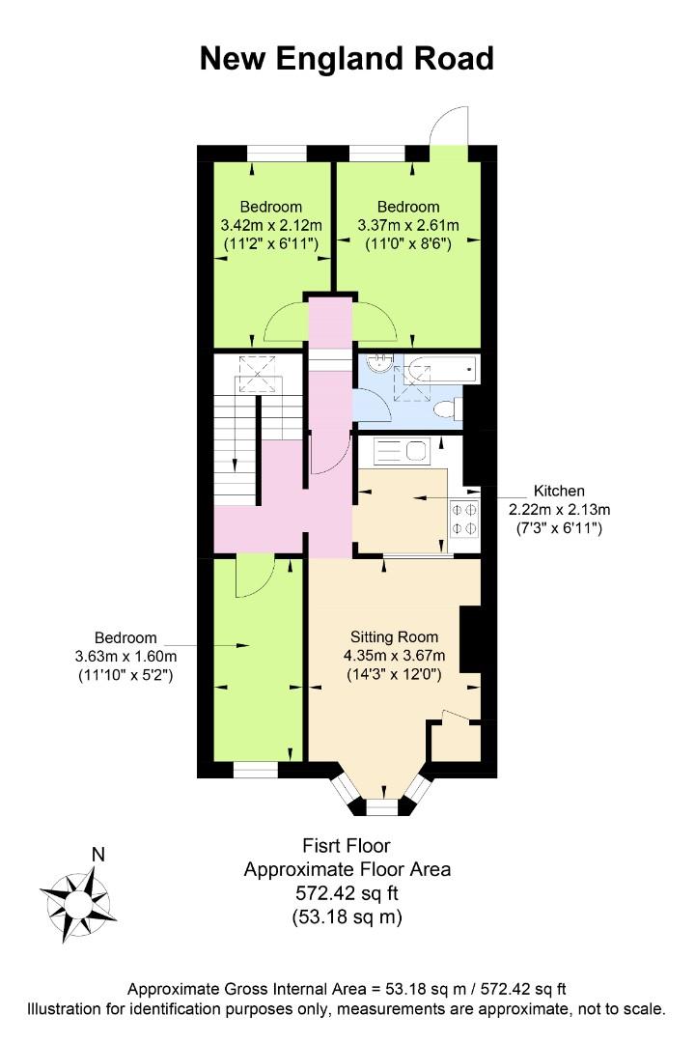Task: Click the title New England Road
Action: coord(347,59)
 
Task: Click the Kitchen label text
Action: coord(559,491)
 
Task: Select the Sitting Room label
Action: coord(395,637)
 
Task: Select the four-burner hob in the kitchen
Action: coord(464,519)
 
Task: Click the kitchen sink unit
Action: coord(402,451)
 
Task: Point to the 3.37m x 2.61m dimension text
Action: coord(408,225)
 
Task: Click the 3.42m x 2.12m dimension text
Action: coord(271,225)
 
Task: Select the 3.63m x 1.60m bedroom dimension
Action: coord(126,656)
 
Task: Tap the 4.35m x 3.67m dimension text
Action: coord(395,656)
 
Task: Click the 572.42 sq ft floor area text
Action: coord(347,892)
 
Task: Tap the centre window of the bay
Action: coord(381,806)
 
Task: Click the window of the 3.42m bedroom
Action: coord(278,153)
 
